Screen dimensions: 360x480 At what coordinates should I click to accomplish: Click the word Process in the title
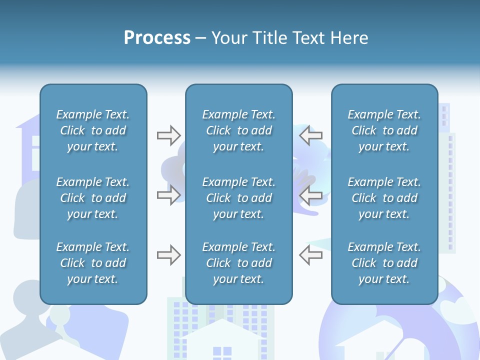tap(157, 38)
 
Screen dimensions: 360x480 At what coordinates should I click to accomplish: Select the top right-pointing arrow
tap(168, 135)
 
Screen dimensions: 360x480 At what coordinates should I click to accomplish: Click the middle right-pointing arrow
tap(168, 195)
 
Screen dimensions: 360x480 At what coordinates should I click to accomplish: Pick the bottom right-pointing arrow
tap(168, 255)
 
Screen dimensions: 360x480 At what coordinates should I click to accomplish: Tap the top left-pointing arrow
tap(311, 135)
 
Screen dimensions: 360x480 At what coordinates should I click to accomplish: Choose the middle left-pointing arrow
tap(311, 195)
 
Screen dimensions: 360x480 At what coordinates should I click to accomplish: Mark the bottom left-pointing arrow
tap(311, 255)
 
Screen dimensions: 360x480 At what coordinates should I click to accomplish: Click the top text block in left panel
tap(93, 130)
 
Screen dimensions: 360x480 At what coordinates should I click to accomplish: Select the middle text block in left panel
tap(93, 198)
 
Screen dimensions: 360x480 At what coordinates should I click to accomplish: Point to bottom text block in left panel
tap(93, 263)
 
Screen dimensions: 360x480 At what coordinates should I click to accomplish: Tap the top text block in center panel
tap(238, 130)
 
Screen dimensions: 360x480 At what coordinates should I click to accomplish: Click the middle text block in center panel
tap(238, 198)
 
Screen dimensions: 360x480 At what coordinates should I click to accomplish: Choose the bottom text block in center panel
tap(238, 263)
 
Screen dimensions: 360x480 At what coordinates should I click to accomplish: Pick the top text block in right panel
tap(384, 130)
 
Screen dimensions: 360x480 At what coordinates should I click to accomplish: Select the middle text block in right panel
tap(384, 198)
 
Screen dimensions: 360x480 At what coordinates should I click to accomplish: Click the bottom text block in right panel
tap(384, 263)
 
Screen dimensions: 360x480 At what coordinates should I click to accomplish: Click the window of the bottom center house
tap(222, 353)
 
